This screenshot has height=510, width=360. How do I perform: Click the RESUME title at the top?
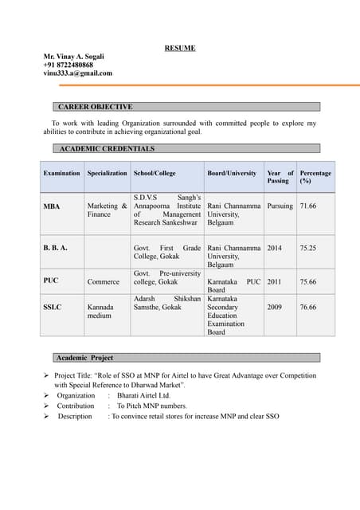180,49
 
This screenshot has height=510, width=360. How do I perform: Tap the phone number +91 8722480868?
68,65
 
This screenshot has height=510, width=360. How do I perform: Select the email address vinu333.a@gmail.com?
77,73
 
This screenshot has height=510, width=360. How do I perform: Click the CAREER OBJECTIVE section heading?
96,107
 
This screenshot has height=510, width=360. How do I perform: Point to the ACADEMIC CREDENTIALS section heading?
108,148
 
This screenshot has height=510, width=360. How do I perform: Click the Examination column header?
61,173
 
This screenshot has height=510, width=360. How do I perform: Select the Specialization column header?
107,173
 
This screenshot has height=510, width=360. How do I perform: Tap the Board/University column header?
232,173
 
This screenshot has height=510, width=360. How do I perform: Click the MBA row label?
52,206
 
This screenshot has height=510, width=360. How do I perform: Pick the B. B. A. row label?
55,248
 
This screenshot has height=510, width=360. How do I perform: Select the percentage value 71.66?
308,206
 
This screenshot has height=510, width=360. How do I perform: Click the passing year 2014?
275,248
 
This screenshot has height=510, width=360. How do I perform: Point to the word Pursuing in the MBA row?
280,206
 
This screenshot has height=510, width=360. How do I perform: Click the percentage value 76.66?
308,307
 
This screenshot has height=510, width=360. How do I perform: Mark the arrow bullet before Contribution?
47,406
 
